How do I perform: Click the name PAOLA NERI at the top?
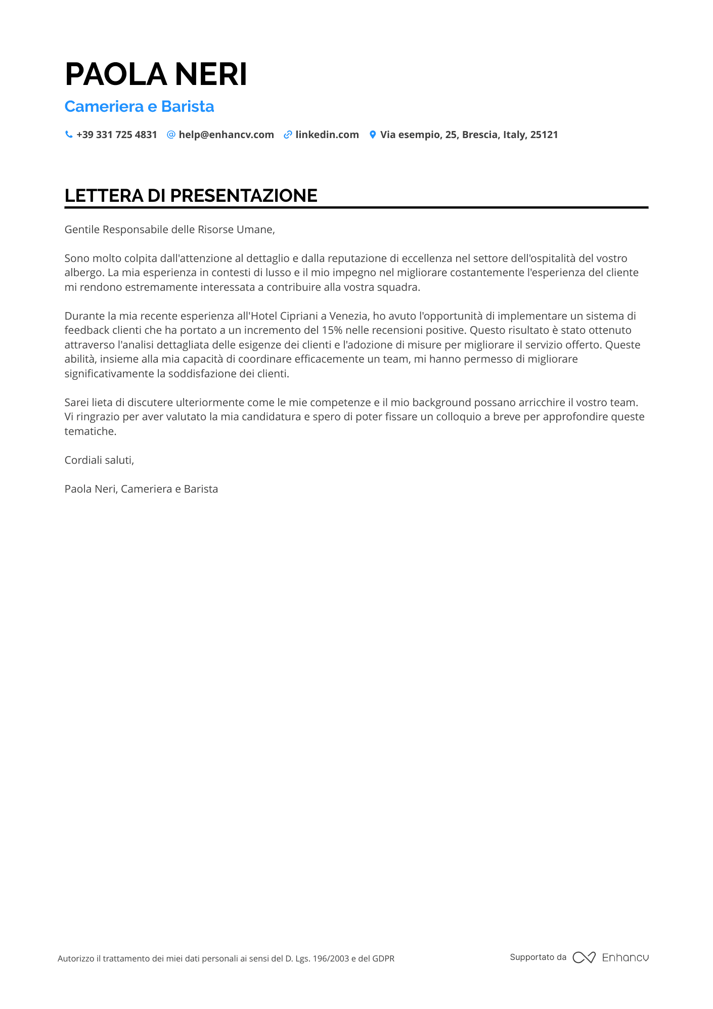tap(156, 74)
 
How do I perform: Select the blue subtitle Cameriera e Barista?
tap(139, 107)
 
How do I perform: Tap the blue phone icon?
tap(69, 135)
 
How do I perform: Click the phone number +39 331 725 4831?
tap(117, 135)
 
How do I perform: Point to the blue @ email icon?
tap(171, 135)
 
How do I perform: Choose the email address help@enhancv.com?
tap(226, 135)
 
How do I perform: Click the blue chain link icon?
tap(288, 135)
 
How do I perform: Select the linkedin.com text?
tap(327, 135)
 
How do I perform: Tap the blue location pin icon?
tap(373, 135)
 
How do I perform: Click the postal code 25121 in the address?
tap(544, 135)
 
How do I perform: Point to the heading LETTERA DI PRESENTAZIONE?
tap(191, 196)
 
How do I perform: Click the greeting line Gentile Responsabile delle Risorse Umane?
tap(169, 230)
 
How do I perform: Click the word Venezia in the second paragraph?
tap(349, 316)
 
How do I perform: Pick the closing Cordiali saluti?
tap(99, 460)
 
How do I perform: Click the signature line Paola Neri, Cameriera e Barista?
tap(141, 489)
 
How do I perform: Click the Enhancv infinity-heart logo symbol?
tap(584, 957)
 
